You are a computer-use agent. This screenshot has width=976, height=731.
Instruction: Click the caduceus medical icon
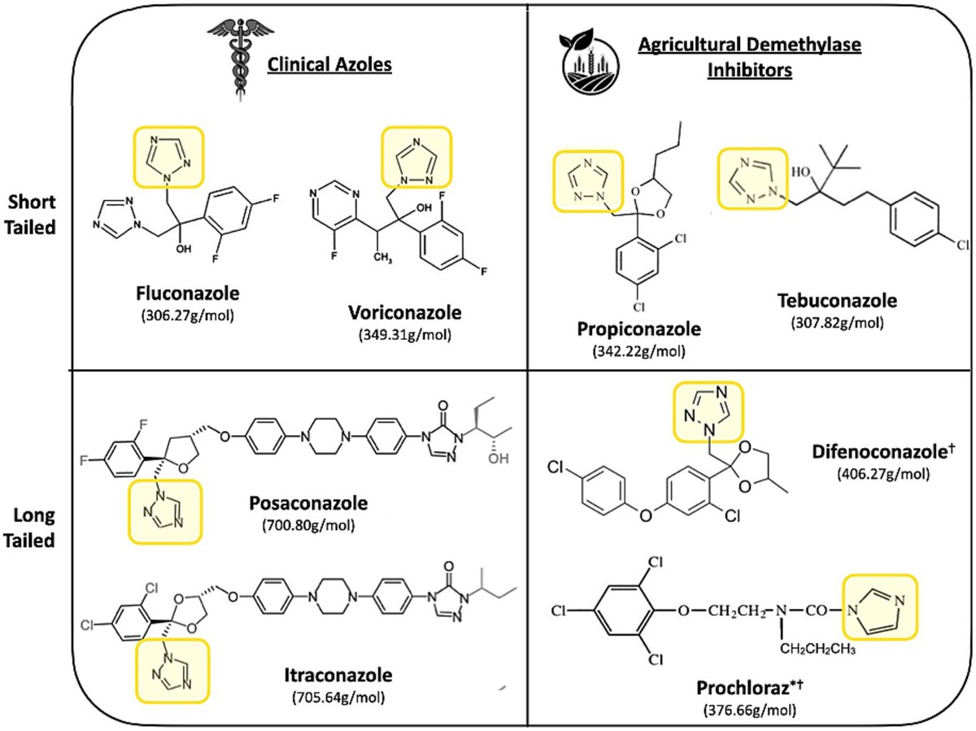[241, 59]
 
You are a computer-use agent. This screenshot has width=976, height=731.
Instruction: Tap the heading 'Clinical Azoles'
[329, 65]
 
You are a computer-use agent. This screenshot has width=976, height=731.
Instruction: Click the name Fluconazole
[188, 294]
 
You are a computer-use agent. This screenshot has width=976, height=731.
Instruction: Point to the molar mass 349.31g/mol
[405, 335]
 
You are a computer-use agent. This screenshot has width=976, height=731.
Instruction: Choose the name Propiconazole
[639, 329]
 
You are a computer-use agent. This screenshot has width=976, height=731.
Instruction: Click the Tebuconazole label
[837, 301]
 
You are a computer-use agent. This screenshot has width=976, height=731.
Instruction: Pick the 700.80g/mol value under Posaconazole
[308, 525]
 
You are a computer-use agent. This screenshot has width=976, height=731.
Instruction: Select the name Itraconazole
[338, 675]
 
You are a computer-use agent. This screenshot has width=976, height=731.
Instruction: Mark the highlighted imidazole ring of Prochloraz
[880, 607]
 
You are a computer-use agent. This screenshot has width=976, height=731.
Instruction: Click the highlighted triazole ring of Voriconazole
[416, 156]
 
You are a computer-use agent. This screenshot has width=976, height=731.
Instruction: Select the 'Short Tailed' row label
[30, 215]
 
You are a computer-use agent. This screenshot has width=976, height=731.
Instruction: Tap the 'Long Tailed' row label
[29, 528]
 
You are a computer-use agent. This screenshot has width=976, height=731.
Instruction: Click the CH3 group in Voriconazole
[382, 257]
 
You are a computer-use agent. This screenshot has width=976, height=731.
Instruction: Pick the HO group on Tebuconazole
[801, 172]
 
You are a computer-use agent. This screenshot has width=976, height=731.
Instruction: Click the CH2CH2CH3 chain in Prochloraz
[817, 650]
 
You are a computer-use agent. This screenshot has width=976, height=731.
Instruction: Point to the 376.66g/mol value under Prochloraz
[750, 710]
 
